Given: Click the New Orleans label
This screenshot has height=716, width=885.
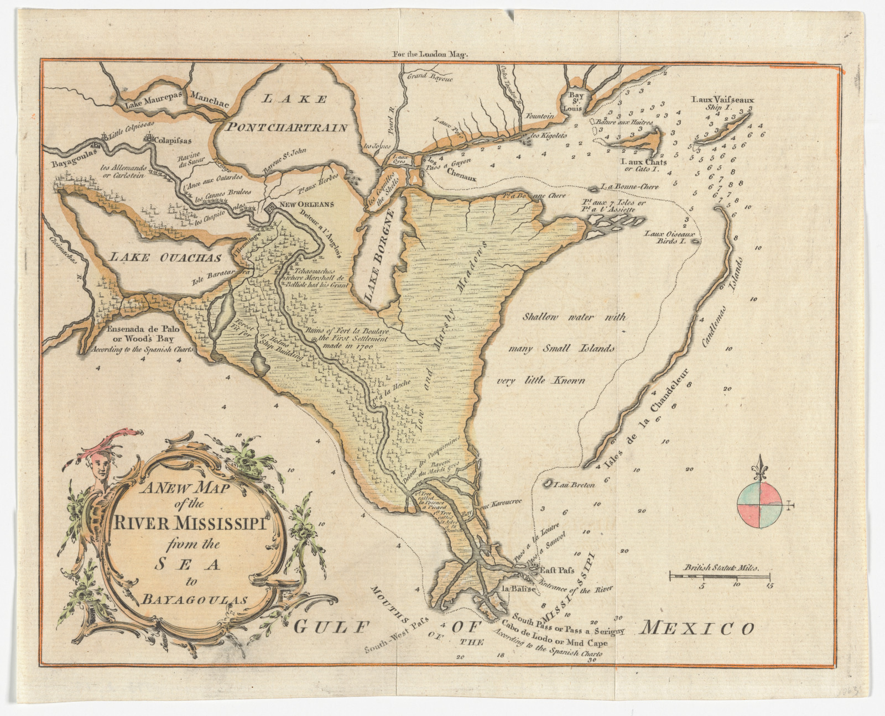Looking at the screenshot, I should tap(307, 204).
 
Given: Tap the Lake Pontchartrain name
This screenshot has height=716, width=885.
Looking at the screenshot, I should tap(286, 128).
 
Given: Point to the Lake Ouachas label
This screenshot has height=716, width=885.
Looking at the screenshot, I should tap(165, 258).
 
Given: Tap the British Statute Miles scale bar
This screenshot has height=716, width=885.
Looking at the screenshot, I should tap(720, 577).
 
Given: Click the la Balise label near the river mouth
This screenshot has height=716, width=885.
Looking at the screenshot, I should tap(518, 589).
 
